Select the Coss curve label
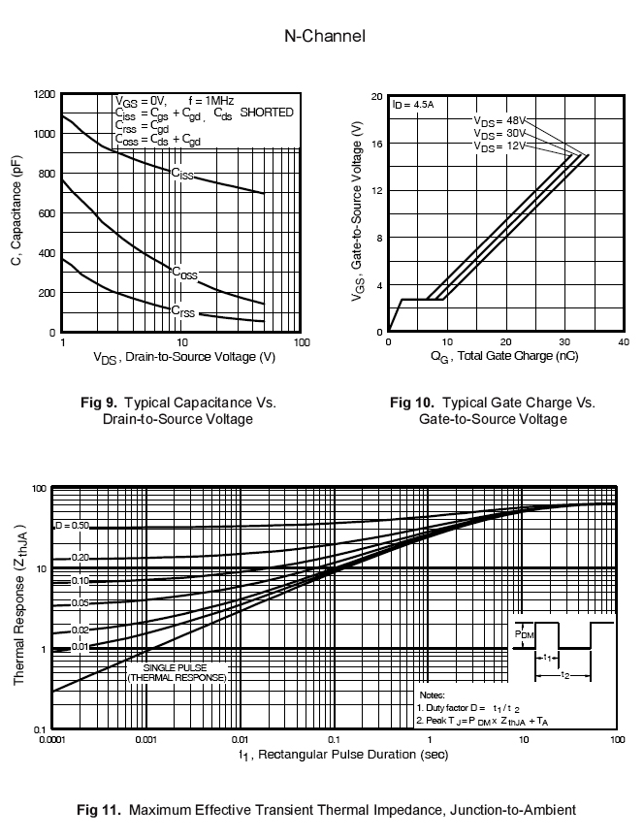184,274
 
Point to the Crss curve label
182,312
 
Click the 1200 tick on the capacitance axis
44,95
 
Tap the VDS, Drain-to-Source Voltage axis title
184,357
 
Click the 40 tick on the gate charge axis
622,342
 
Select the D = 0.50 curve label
72,526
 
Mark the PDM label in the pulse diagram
525,635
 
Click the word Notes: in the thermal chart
432,695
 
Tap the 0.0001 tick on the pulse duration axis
51,740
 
